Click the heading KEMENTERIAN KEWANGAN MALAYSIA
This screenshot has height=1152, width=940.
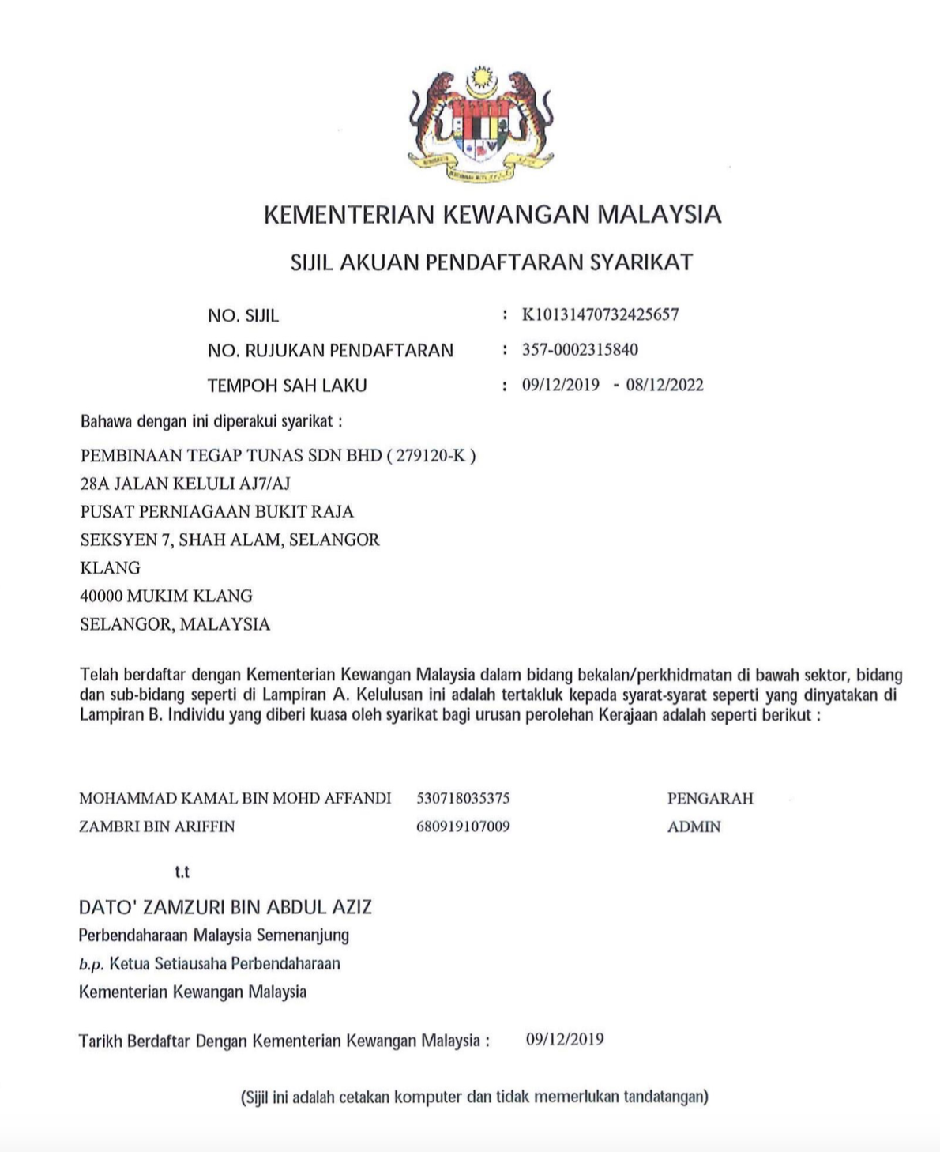[x=492, y=215]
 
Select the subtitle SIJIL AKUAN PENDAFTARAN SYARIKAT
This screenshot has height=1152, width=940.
[x=491, y=262]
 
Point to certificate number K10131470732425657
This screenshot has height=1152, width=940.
[x=600, y=314]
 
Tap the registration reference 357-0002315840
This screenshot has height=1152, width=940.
[x=580, y=349]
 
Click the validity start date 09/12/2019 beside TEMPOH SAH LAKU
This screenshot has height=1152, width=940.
[x=561, y=385]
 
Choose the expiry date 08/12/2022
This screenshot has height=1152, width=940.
[x=664, y=385]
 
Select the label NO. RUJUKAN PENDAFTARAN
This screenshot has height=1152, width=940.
[x=330, y=351]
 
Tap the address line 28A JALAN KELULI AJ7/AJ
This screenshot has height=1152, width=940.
[x=179, y=483]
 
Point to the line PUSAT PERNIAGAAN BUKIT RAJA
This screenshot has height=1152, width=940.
[x=216, y=511]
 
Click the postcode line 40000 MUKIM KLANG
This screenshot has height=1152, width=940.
[x=166, y=596]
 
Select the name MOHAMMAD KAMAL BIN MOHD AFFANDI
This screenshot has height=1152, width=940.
[x=235, y=798]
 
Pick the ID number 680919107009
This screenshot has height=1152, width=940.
[x=463, y=826]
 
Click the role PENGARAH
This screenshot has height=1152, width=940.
[x=710, y=798]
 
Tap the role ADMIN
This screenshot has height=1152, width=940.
[x=694, y=826]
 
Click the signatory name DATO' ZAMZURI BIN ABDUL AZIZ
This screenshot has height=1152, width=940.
[x=225, y=907]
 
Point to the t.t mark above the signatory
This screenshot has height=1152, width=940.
[x=182, y=872]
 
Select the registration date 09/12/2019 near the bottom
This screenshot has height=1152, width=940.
[x=565, y=1039]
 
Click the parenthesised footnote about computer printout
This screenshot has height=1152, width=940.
[x=474, y=1097]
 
